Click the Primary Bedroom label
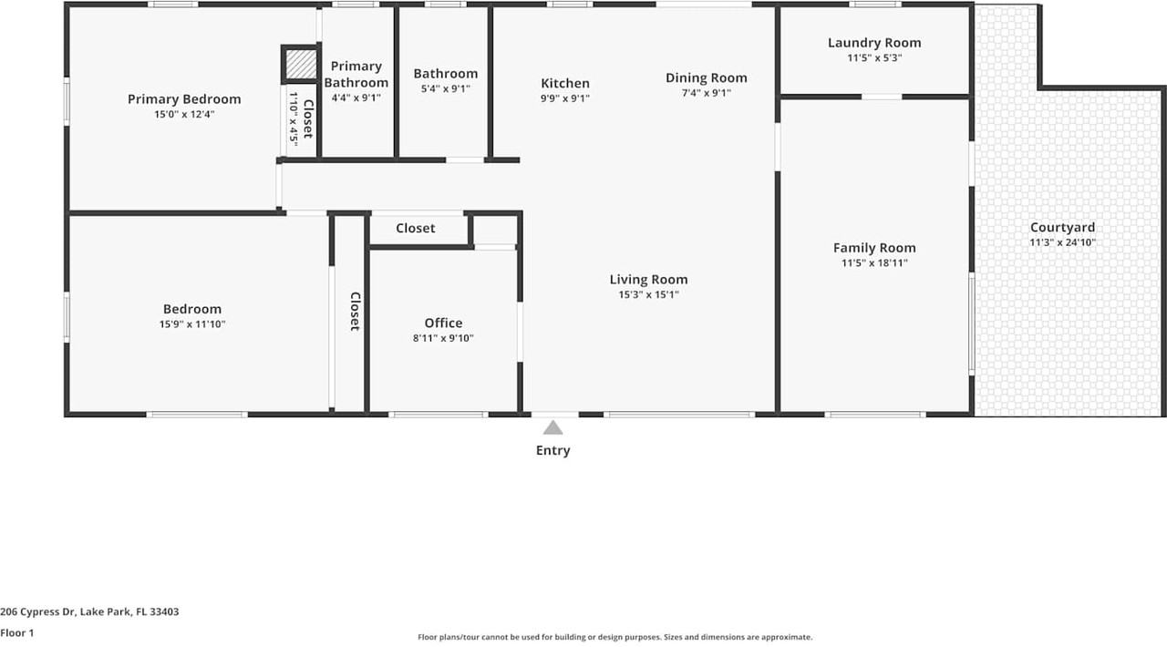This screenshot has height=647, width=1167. pyautogui.click(x=184, y=99)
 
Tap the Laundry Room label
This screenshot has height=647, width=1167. pyautogui.click(x=873, y=43)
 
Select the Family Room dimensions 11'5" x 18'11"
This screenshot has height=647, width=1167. pyautogui.click(x=873, y=263)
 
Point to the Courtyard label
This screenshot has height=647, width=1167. pyautogui.click(x=1062, y=228)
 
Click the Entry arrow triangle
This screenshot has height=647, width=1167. pyautogui.click(x=553, y=427)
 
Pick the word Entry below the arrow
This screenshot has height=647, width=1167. pyautogui.click(x=553, y=450)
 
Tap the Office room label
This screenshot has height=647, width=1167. pyautogui.click(x=443, y=323)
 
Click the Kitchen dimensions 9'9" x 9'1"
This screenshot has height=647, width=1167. pyautogui.click(x=564, y=98)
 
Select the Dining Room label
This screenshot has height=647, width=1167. pyautogui.click(x=706, y=77)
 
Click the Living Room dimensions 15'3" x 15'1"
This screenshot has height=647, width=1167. pyautogui.click(x=648, y=294)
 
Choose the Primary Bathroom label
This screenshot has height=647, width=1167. pyautogui.click(x=356, y=74)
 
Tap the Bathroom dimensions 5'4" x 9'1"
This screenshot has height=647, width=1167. pyautogui.click(x=445, y=88)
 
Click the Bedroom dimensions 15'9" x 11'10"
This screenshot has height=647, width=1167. pyautogui.click(x=191, y=323)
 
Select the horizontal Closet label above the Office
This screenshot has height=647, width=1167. pyautogui.click(x=415, y=228)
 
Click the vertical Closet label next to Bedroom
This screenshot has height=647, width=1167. pyautogui.click(x=355, y=311)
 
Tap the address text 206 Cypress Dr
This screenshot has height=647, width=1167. pyautogui.click(x=89, y=612)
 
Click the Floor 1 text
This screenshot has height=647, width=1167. pyautogui.click(x=16, y=632)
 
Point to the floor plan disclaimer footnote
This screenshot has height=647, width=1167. pyautogui.click(x=614, y=638)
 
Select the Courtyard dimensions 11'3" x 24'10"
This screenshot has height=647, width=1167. pyautogui.click(x=1062, y=242)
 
